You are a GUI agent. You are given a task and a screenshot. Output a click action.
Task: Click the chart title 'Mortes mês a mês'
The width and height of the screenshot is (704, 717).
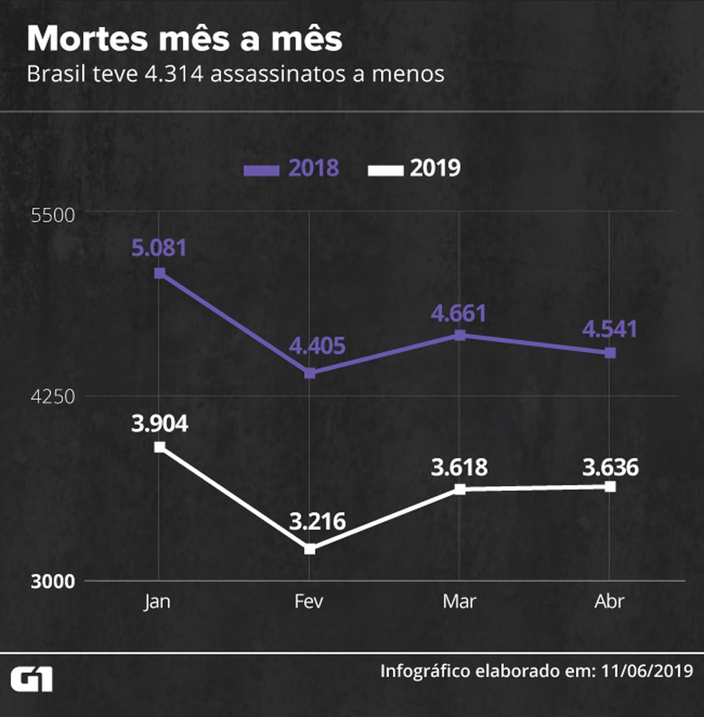pos(184,39)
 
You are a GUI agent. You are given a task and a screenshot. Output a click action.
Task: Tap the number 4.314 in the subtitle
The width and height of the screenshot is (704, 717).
pos(174,74)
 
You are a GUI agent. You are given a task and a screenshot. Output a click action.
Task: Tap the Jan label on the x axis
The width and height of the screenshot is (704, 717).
pos(157,601)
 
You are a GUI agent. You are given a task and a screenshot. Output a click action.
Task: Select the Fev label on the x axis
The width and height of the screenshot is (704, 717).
pos(309,601)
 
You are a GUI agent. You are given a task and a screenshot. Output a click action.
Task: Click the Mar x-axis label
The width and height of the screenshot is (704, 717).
pos(459,601)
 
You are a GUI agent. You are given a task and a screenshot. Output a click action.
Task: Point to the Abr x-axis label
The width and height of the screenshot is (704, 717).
pos(609,601)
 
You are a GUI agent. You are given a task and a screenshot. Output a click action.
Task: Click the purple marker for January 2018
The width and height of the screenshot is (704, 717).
pos(160,273)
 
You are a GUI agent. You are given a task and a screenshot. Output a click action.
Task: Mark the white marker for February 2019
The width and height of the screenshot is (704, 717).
pos(310,549)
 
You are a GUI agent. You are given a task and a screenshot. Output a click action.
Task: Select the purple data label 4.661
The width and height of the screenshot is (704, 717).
pos(458,313)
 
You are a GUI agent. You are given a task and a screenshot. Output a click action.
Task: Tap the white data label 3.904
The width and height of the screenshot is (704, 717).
pos(159,424)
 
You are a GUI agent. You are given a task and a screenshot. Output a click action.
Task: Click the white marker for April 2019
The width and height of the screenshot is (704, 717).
pos(610,487)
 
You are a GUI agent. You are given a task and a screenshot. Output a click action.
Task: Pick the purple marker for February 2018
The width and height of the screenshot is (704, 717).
pos(310,373)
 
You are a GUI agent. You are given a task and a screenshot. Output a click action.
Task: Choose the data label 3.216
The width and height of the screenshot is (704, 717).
pos(317,521)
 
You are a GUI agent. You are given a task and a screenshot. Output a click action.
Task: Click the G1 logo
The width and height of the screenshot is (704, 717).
pos(32,679)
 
